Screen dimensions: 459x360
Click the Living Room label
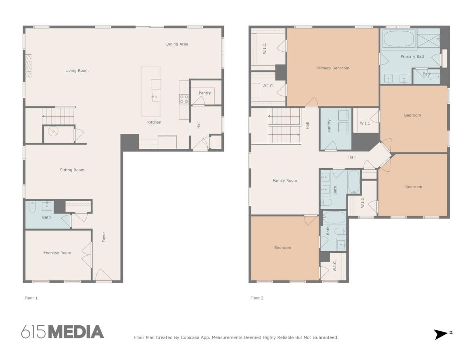[77, 71]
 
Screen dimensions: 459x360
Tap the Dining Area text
[177, 44]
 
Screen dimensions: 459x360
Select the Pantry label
[204, 93]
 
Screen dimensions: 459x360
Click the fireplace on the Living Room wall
[28, 66]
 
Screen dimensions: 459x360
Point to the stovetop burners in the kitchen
[184, 99]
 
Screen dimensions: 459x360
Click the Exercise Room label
[57, 253]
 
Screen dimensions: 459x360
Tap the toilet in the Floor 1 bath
[32, 207]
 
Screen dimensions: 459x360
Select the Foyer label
[104, 237]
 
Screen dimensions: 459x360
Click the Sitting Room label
[72, 170]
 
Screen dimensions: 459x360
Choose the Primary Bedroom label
[333, 68]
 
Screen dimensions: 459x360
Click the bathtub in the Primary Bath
[398, 39]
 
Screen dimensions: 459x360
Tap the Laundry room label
[329, 127]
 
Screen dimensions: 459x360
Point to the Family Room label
[285, 181]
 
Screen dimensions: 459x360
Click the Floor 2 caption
[257, 298]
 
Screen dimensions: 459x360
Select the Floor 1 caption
[31, 298]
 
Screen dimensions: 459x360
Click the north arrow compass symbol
[440, 334]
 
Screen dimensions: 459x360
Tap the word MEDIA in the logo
[76, 332]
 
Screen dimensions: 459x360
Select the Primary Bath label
[413, 56]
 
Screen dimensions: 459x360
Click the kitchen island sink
[156, 97]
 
